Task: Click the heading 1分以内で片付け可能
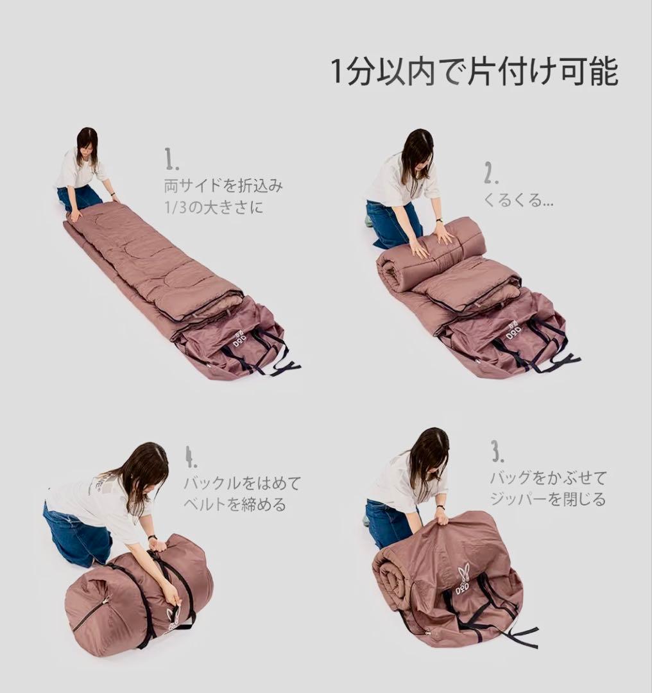[474, 72]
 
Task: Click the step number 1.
[171, 160]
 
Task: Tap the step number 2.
[491, 173]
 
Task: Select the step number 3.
[497, 451]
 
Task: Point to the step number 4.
[191, 457]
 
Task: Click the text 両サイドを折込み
[223, 186]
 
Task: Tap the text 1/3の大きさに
[214, 207]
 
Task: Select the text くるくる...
[512, 201]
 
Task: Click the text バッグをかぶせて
[548, 477]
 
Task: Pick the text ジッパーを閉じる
[547, 499]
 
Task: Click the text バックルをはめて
[242, 483]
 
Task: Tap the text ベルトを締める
[235, 504]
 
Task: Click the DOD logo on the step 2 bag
[513, 332]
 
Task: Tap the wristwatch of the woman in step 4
[153, 538]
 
